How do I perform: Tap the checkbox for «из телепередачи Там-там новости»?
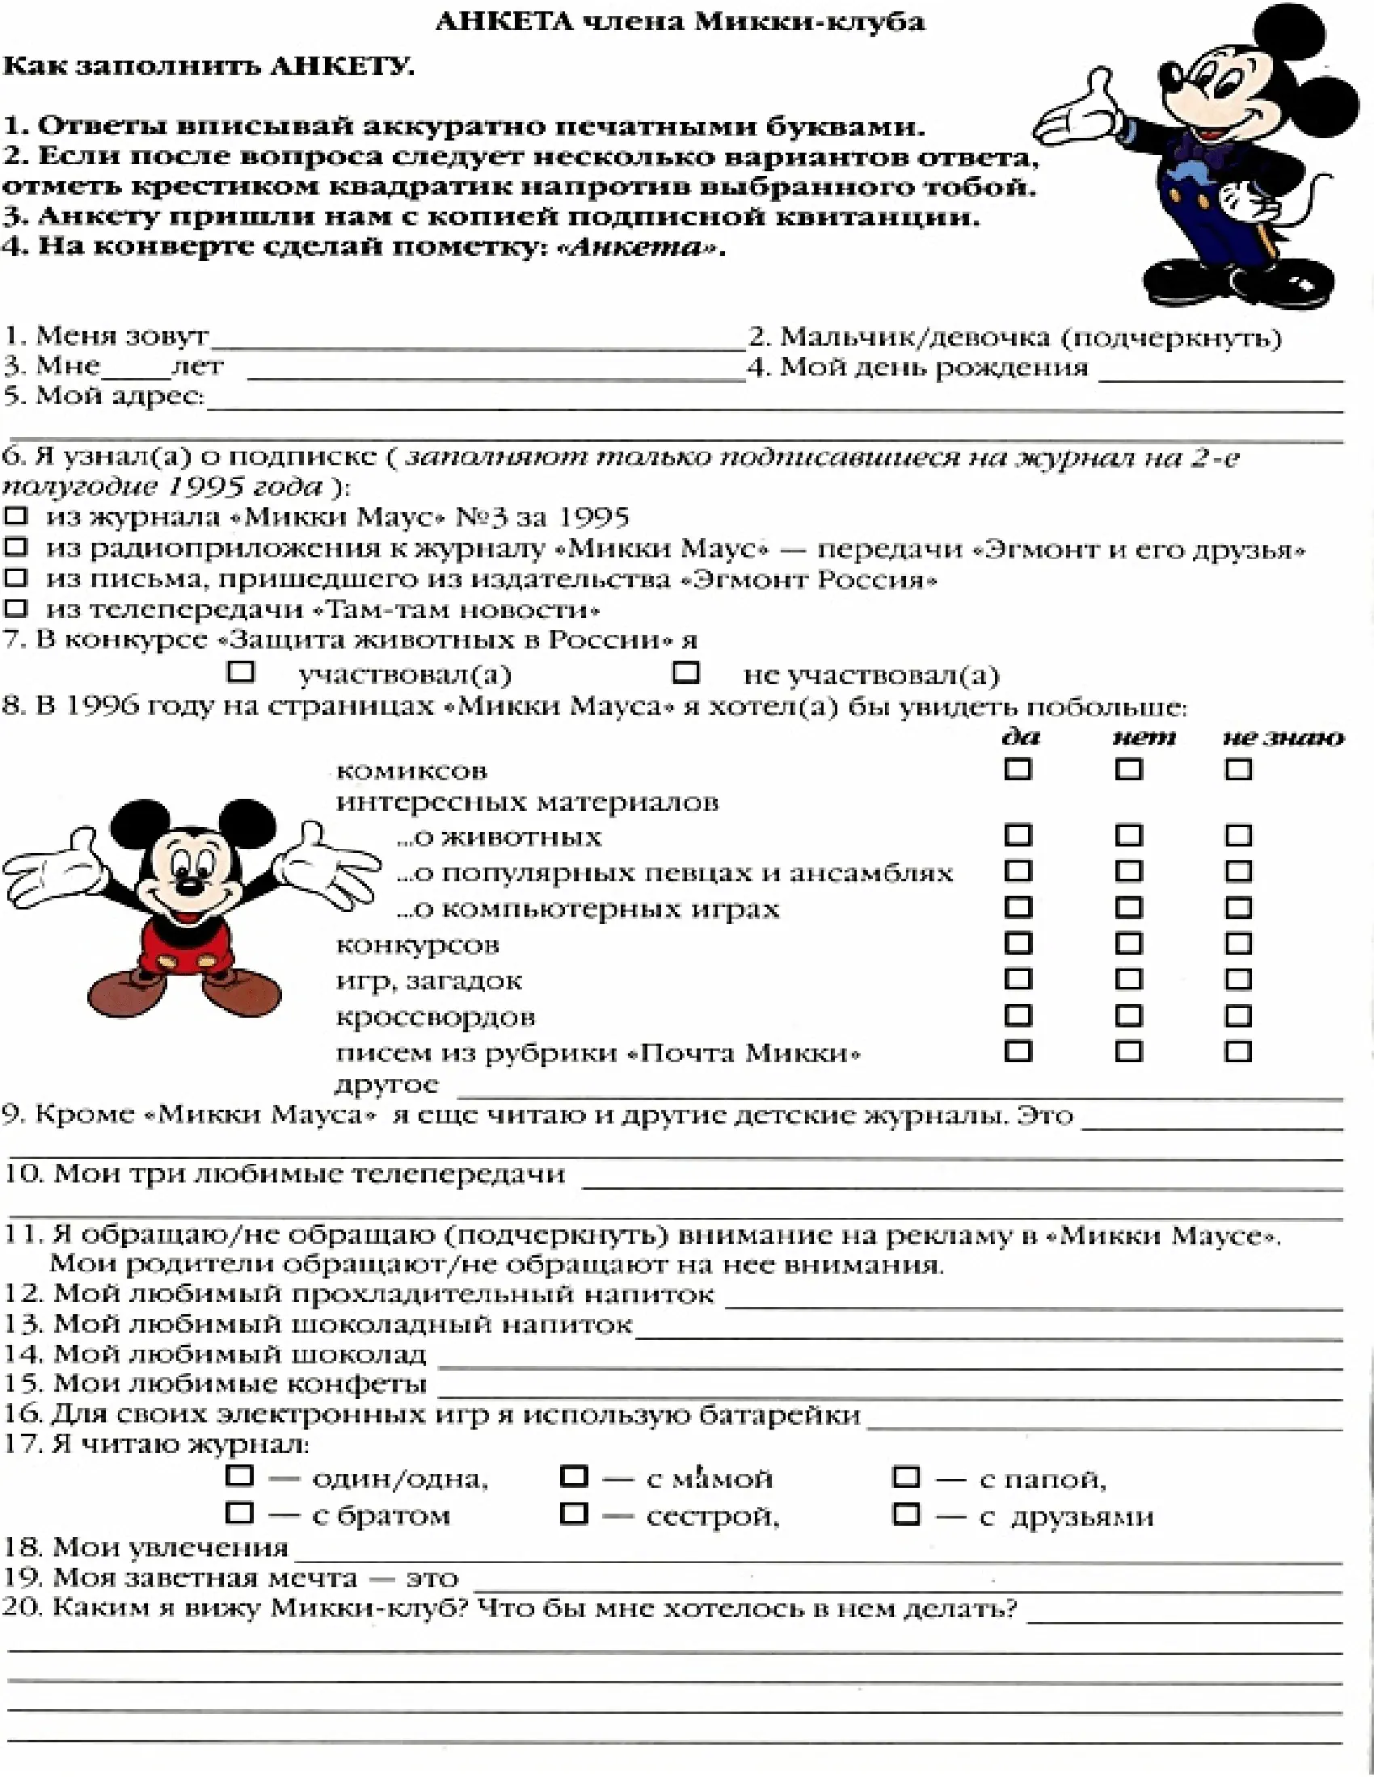pos(16,607)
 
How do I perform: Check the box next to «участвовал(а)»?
pos(241,672)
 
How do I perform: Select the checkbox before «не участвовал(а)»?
pos(686,672)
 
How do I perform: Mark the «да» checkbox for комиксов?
pos(1018,769)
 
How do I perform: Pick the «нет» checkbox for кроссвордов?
pos(1128,1015)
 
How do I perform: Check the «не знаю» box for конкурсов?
pos(1238,943)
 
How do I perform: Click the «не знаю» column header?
pos(1283,738)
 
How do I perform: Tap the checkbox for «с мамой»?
pos(574,1476)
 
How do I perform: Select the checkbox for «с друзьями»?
pos(906,1514)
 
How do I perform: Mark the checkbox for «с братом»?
pos(239,1514)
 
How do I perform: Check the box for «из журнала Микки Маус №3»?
pos(16,516)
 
